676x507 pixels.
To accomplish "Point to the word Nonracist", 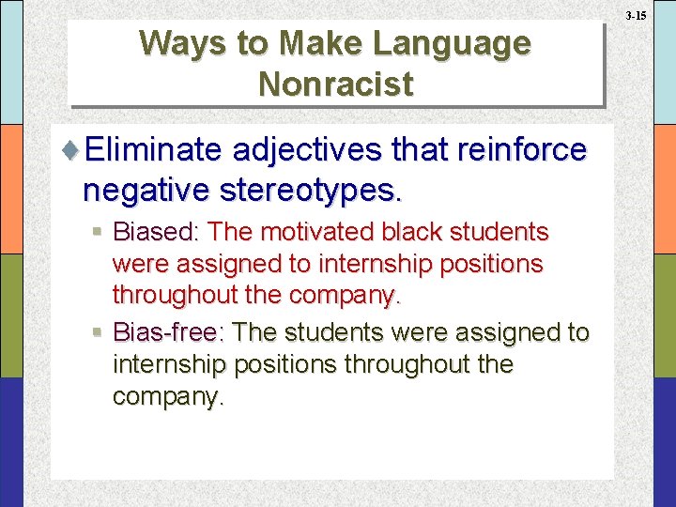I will (335, 84).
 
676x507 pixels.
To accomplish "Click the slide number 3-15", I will (635, 16).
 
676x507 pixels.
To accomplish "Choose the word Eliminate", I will (151, 150).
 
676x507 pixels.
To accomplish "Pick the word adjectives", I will (304, 150).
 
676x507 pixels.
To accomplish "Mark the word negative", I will (146, 191).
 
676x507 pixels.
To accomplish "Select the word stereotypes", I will (312, 191).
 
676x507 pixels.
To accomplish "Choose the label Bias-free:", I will (169, 332).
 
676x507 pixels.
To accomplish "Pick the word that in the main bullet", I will (411, 150).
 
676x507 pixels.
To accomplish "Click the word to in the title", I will (252, 43).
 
